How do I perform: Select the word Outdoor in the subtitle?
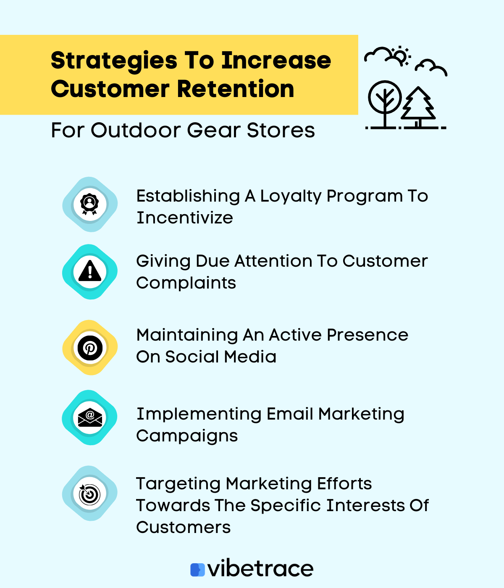pyautogui.click(x=136, y=130)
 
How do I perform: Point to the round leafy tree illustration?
pyautogui.click(x=385, y=101)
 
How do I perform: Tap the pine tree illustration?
pyautogui.click(x=418, y=106)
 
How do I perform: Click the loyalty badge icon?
pyautogui.click(x=90, y=204)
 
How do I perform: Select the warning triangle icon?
pyautogui.click(x=90, y=271)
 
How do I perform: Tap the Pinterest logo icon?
pyautogui.click(x=90, y=348)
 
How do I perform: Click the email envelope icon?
pyautogui.click(x=90, y=417)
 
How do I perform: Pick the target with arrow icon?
pyautogui.click(x=90, y=493)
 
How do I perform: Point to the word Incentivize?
pyautogui.click(x=185, y=218)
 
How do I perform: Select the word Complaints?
pyautogui.click(x=186, y=283)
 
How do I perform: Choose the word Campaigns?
pyautogui.click(x=187, y=436)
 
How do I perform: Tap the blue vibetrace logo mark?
pyautogui.click(x=197, y=570)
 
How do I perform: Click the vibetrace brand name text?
pyautogui.click(x=260, y=569)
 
